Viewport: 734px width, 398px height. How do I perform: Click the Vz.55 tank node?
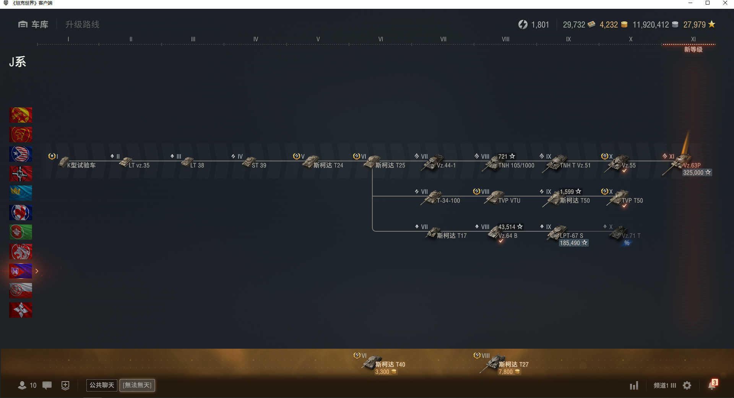617,163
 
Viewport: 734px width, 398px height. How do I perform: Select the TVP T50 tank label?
632,201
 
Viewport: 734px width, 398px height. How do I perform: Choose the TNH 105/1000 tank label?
516,166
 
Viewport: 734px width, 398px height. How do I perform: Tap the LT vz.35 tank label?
139,166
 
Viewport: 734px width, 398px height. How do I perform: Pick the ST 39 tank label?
259,166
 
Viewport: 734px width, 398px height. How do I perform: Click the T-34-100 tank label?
448,201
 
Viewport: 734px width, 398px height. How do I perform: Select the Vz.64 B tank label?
508,236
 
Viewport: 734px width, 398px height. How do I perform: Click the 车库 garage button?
33,24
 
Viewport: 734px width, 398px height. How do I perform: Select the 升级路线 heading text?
82,24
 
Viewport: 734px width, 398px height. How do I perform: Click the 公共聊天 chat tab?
102,385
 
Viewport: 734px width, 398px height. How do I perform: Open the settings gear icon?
687,385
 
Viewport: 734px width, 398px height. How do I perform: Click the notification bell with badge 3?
712,385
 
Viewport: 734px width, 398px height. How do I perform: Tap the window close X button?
725,3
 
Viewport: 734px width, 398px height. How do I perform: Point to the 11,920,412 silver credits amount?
651,25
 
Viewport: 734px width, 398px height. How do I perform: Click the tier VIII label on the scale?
505,39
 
